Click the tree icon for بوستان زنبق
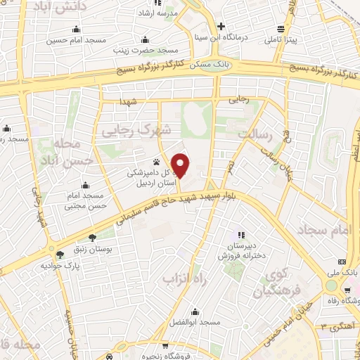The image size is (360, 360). tap(91, 238)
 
